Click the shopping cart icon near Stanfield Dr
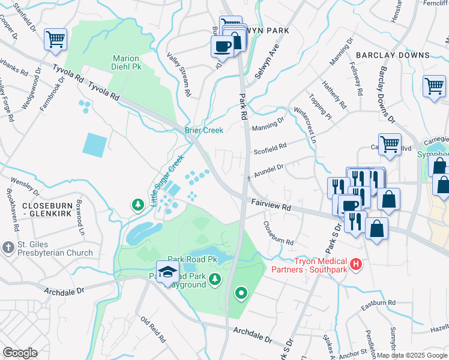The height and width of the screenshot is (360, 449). point(55,40)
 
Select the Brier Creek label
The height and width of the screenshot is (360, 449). point(203,130)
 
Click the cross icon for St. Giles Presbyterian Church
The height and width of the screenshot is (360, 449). point(8,247)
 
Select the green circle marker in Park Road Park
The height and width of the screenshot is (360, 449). point(241,293)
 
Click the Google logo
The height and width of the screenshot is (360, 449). point(20,353)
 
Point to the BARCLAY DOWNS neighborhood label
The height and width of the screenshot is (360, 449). point(393,55)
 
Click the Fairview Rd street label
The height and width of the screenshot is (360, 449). point(271,205)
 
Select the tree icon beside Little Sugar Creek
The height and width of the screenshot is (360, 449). point(138,205)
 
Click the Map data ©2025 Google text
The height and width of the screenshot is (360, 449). point(411,355)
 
